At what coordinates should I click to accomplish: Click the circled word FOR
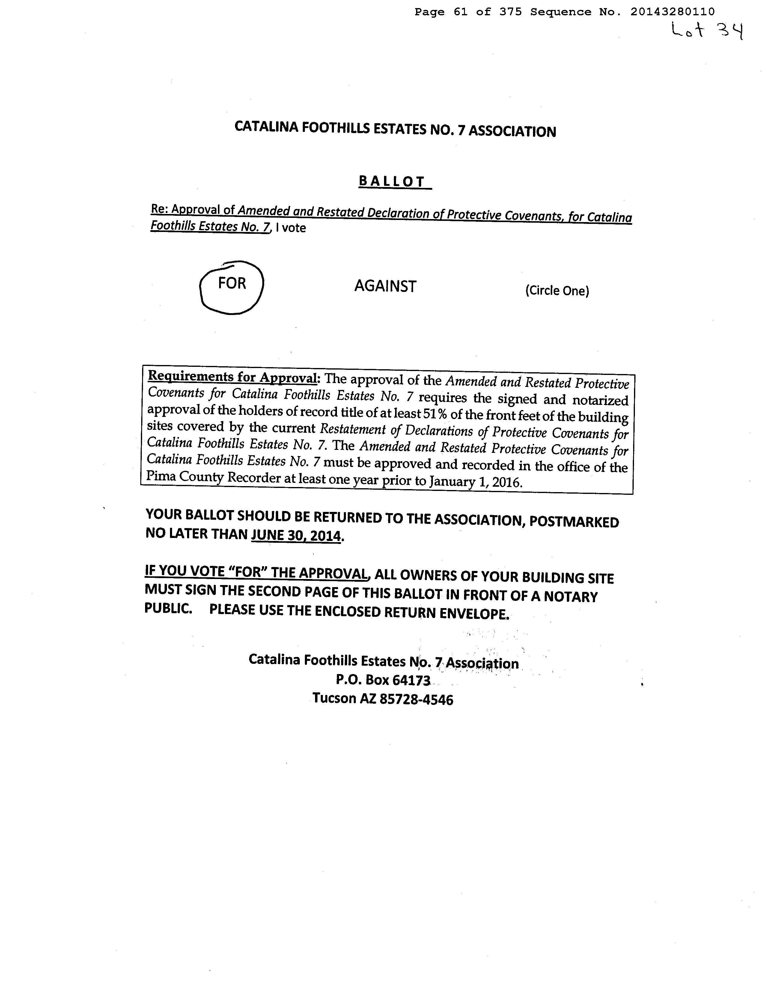click(x=232, y=283)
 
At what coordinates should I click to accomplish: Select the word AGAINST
click(x=385, y=286)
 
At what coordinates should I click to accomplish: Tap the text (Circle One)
click(x=557, y=290)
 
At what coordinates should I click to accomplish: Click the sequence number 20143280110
click(x=672, y=12)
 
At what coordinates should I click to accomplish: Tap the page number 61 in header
click(x=460, y=12)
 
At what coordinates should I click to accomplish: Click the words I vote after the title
click(x=290, y=228)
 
